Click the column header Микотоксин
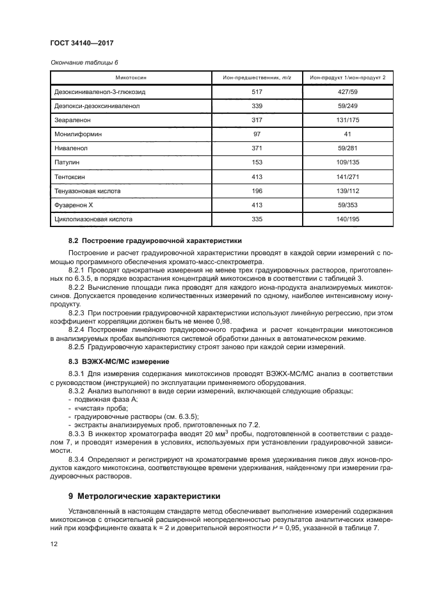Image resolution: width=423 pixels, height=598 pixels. click(131, 77)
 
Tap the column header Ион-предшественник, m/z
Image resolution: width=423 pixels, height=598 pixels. click(257, 77)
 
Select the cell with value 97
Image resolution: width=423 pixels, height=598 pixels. click(257, 134)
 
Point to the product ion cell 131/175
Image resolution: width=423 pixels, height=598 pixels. click(347, 120)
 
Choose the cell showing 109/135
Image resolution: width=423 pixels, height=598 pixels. click(347, 162)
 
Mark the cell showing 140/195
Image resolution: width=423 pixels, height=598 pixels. click(347, 219)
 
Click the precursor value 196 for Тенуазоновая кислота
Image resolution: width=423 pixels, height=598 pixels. click(257, 191)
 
